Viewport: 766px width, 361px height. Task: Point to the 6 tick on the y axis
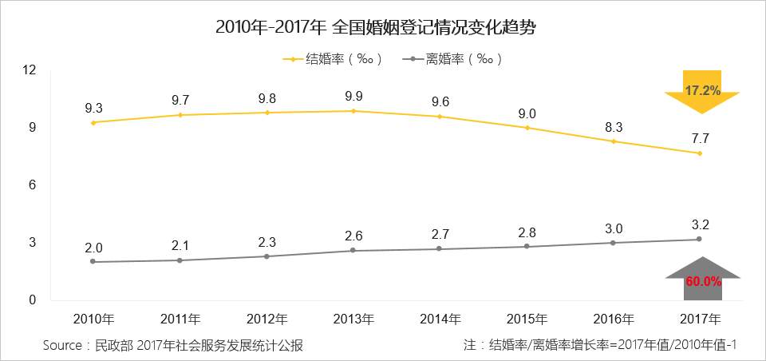[33, 185]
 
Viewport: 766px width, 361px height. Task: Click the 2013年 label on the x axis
[353, 319]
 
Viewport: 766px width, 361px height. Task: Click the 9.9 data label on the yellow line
[353, 97]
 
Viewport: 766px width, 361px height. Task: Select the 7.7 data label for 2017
[700, 139]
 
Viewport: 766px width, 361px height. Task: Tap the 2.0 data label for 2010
[93, 248]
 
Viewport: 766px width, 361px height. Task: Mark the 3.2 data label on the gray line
[700, 225]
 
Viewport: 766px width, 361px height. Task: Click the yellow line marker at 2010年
[93, 122]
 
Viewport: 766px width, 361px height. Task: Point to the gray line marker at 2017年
[700, 239]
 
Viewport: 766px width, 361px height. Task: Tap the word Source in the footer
[64, 345]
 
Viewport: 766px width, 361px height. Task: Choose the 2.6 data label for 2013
[353, 236]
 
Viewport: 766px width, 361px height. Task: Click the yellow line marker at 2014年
[440, 117]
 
